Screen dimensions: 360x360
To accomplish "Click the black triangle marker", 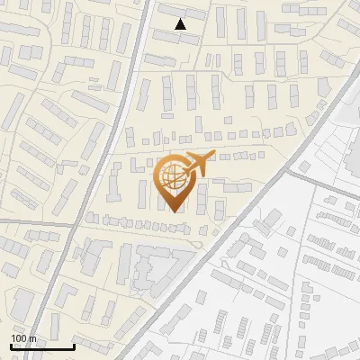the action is [x=181, y=24].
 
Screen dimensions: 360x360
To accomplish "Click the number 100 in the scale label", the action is [x=20, y=338].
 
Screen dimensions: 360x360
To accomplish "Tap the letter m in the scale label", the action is [x=33, y=338].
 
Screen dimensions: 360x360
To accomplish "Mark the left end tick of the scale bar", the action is [x=12, y=346].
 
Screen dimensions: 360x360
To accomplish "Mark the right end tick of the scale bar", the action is [x=74, y=346].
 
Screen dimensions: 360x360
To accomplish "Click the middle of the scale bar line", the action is [x=42, y=347].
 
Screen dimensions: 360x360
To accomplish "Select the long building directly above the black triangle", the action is [x=176, y=12].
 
